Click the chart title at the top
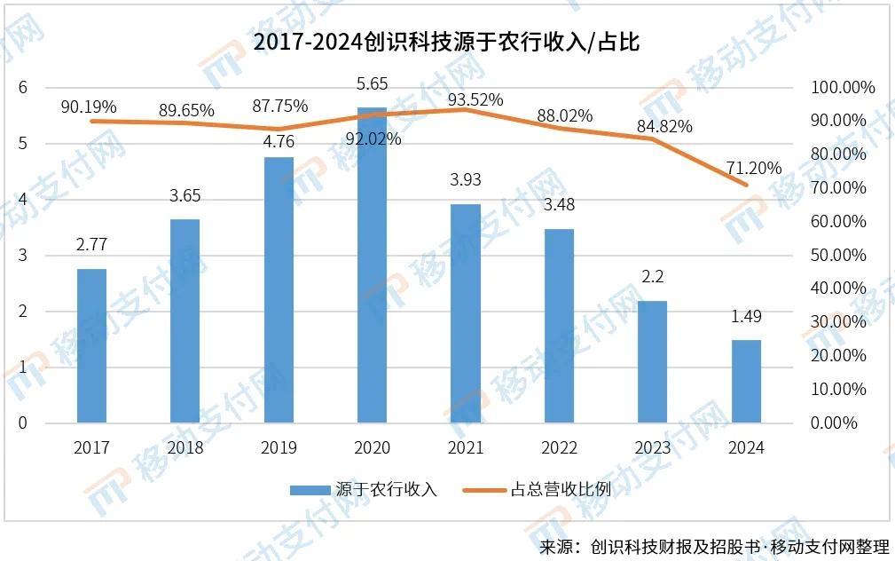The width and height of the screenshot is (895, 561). [x=446, y=43]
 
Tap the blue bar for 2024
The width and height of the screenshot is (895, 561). [x=746, y=381]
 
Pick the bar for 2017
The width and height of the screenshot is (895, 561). [x=91, y=345]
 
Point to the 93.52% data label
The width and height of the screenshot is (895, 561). [x=475, y=99]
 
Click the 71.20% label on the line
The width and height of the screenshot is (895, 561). [x=754, y=168]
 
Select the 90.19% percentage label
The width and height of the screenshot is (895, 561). [x=89, y=107]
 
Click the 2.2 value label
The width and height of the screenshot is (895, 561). [x=652, y=276]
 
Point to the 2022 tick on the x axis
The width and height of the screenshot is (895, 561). [x=559, y=447]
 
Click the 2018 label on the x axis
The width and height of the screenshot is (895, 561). [x=184, y=447]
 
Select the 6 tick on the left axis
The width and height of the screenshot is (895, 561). [x=24, y=87]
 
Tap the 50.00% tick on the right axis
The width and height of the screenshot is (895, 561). [x=837, y=256]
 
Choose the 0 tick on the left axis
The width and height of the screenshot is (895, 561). [x=24, y=423]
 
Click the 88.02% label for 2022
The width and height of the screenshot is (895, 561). [x=565, y=115]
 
